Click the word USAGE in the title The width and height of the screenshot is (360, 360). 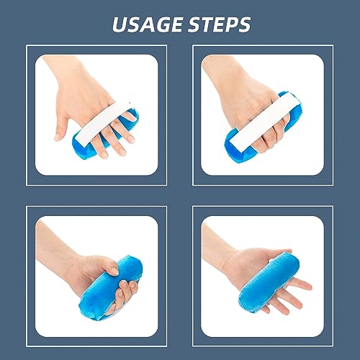click(x=148, y=24)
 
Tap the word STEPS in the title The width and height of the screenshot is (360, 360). click(x=215, y=24)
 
